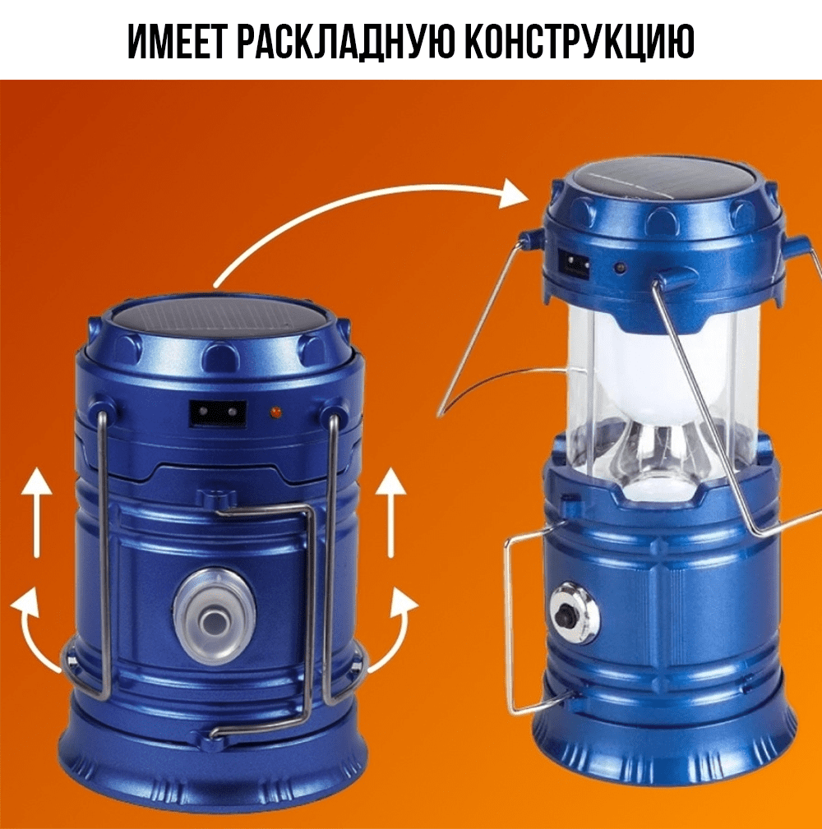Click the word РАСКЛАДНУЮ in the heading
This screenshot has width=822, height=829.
tap(344, 40)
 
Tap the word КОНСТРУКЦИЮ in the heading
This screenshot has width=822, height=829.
tap(580, 40)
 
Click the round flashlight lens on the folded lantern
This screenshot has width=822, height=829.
tap(215, 617)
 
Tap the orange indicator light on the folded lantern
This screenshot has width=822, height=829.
tap(275, 411)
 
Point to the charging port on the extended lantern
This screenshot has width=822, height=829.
tap(575, 263)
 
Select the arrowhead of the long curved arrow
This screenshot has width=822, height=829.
tap(514, 194)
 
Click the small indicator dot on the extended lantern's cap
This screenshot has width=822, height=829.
tap(621, 268)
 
